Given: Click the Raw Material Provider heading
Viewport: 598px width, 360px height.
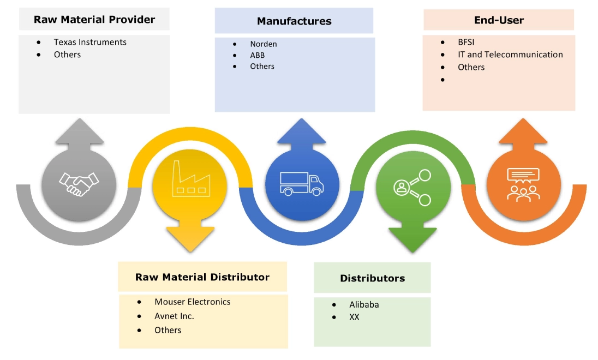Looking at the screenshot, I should pos(94,20).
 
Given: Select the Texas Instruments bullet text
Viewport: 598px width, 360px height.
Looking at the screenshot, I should pos(90,42).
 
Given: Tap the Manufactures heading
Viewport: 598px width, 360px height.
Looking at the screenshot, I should pos(294,21).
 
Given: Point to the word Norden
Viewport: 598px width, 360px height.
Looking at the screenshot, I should pos(264,44).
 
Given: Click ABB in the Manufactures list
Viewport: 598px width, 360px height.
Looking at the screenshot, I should pos(258,55).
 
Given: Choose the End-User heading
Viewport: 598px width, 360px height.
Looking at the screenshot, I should pos(499,20).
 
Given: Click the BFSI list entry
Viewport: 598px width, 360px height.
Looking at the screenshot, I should pos(467,42).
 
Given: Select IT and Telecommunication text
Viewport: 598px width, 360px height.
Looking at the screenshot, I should pos(510,55).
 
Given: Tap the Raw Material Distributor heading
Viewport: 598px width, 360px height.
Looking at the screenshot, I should pos(202,277).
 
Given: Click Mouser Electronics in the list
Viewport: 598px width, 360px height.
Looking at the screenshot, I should pos(192,302).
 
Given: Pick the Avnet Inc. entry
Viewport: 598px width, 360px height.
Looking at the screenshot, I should pos(174,316).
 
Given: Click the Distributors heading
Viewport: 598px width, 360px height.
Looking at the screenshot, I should pos(372,278).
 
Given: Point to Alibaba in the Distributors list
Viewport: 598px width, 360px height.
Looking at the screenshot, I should pos(364,304).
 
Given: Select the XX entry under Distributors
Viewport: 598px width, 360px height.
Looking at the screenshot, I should pos(354,316).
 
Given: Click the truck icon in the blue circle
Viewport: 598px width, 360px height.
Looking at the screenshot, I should pos(302,183).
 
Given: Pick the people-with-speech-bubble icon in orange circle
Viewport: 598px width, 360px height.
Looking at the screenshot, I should pos(523,184).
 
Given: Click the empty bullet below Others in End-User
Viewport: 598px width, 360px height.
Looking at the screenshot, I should pos(444,80).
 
